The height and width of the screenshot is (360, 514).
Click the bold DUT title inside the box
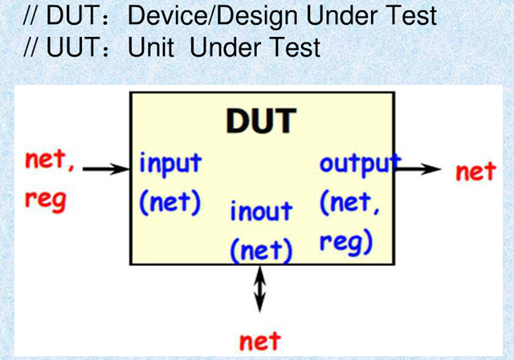point(261,121)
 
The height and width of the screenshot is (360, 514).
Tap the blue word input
point(170,163)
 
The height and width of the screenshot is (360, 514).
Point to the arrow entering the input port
point(107,170)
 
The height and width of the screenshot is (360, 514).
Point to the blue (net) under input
point(169,201)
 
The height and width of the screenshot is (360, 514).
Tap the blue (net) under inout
point(259,250)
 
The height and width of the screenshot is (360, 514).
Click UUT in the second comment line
point(65,47)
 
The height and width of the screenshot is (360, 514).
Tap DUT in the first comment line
point(65,16)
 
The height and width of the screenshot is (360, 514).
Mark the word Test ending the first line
point(408,16)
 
